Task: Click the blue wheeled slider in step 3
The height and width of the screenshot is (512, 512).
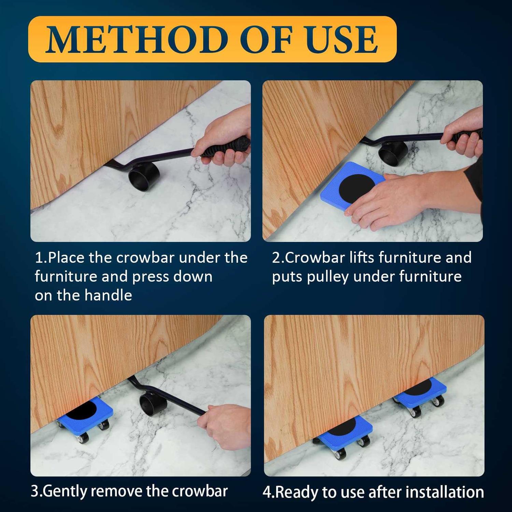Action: pyautogui.click(x=85, y=420)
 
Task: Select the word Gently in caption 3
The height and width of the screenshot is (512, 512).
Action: pyautogui.click(x=65, y=492)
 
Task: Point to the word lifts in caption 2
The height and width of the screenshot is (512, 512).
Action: pyautogui.click(x=362, y=257)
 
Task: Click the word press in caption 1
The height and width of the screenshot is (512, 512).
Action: pyautogui.click(x=151, y=277)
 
